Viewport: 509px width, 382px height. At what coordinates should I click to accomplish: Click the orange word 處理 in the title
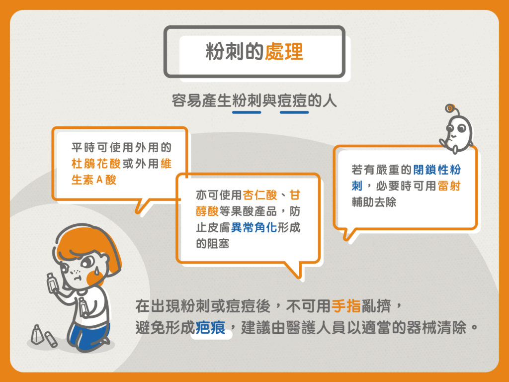[284, 52]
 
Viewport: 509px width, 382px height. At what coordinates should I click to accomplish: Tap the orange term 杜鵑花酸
[96, 163]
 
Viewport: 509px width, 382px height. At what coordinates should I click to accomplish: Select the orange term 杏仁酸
[259, 195]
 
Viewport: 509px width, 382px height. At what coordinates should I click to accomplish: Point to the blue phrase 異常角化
[254, 227]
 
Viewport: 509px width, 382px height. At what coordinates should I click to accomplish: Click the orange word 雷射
[449, 186]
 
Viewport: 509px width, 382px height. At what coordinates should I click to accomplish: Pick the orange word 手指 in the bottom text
[346, 306]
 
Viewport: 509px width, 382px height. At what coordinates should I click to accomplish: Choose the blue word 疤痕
[210, 327]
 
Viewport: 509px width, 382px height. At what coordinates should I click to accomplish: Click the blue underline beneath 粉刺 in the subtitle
[247, 112]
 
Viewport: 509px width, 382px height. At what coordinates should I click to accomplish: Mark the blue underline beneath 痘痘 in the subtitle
[294, 112]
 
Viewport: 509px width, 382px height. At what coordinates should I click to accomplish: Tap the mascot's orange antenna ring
[449, 108]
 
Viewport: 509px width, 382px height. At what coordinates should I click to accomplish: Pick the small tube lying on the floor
[51, 339]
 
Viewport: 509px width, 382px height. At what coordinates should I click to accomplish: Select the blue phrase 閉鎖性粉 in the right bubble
[437, 170]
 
